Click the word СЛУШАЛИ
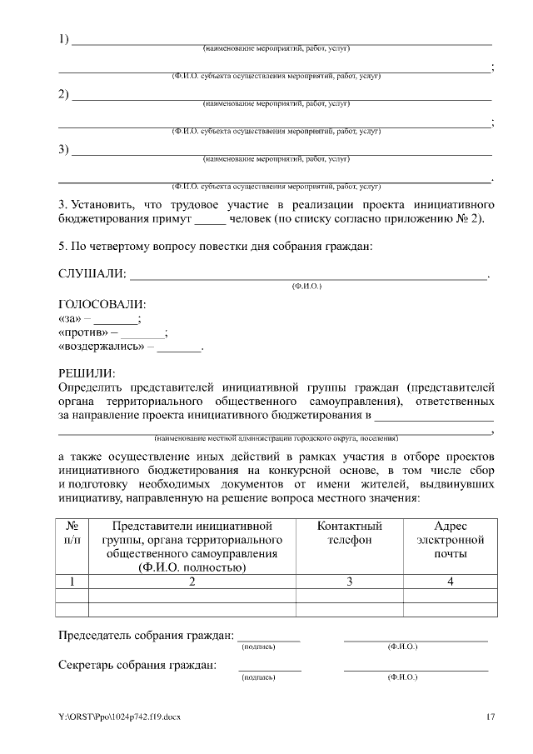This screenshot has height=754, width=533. click(92, 274)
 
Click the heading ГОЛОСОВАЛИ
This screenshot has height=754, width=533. click(102, 304)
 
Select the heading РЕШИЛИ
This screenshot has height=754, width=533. click(87, 373)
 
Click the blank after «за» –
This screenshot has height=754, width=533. click(116, 320)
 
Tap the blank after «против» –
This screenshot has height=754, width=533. click(143, 334)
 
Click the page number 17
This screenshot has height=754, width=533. click(491, 717)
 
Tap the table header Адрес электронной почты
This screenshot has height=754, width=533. click(450, 540)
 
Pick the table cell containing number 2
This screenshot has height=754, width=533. click(192, 582)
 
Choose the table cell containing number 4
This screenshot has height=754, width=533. click(450, 582)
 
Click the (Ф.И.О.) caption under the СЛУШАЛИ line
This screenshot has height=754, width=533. click(306, 286)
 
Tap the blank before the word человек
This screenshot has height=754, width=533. click(210, 221)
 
